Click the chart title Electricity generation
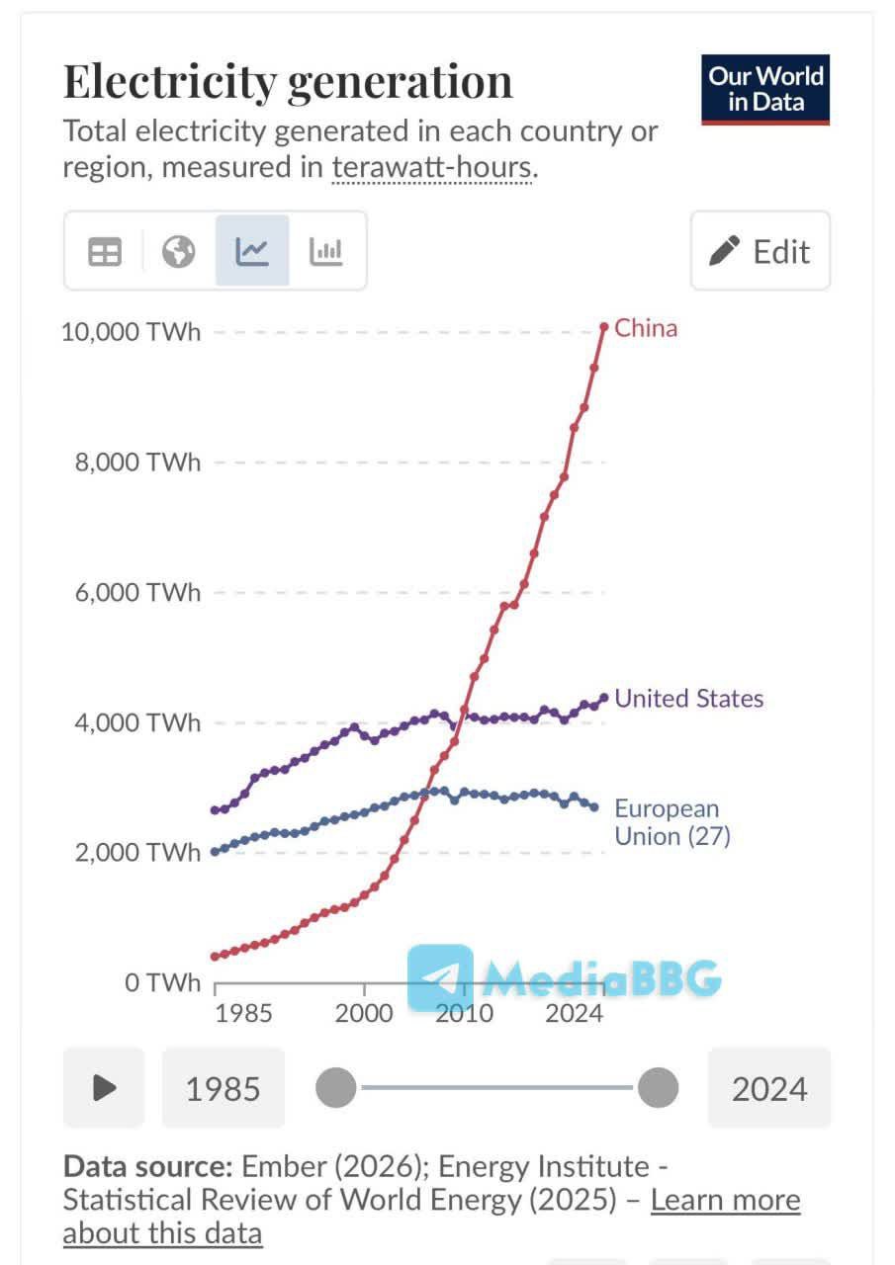pyautogui.click(x=288, y=82)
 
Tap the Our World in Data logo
pyautogui.click(x=765, y=89)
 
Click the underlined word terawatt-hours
pyautogui.click(x=432, y=168)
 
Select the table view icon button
pyautogui.click(x=105, y=252)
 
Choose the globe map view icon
pyautogui.click(x=179, y=252)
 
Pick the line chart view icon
pyautogui.click(x=252, y=252)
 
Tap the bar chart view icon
pyautogui.click(x=325, y=252)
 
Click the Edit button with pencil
pyautogui.click(x=761, y=251)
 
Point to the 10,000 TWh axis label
pyautogui.click(x=131, y=331)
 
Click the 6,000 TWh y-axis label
pyautogui.click(x=137, y=592)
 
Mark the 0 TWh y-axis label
pyautogui.click(x=162, y=982)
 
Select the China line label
pyautogui.click(x=646, y=328)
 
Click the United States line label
pyautogui.click(x=689, y=699)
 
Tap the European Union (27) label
pyautogui.click(x=671, y=822)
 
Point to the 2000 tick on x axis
pyautogui.click(x=364, y=1013)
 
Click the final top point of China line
pyautogui.click(x=604, y=326)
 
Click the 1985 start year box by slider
pyautogui.click(x=224, y=1089)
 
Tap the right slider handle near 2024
pyautogui.click(x=657, y=1088)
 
